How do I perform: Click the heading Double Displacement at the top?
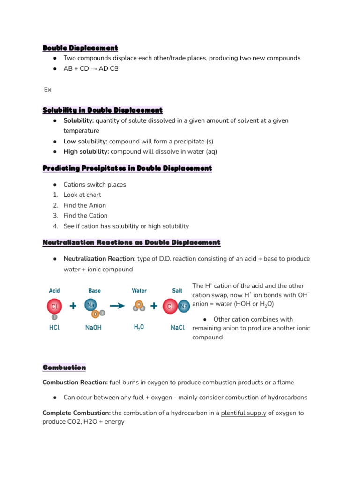80,48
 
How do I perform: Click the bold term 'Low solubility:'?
85,141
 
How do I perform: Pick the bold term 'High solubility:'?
86,151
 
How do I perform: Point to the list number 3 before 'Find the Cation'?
55,216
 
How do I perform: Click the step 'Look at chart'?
82,195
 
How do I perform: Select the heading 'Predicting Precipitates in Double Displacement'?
127,168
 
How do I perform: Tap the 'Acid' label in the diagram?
54,291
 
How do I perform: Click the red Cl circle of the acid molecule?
54,306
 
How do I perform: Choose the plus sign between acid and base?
73,306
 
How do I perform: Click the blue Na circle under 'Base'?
91,305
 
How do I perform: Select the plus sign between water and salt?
153,306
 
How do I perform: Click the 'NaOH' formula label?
94,328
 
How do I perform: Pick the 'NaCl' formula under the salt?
177,328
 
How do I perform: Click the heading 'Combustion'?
64,367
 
